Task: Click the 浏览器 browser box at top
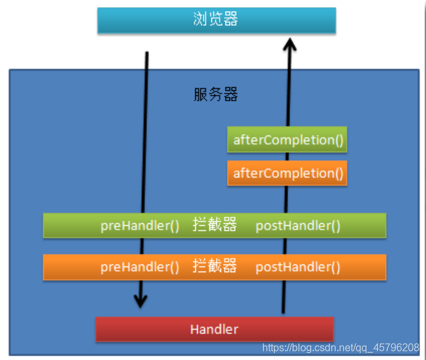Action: [x=217, y=20]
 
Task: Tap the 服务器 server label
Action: [x=216, y=95]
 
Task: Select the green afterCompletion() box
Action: [x=287, y=139]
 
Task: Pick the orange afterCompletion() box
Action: [x=287, y=173]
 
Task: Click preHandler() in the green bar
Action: [x=140, y=226]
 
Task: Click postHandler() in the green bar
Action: [x=298, y=226]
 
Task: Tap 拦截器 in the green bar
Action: [x=215, y=225]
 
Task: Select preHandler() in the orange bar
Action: [x=140, y=267]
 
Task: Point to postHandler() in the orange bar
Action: [x=298, y=267]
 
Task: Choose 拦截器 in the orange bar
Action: [x=215, y=266]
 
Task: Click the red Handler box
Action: [x=215, y=329]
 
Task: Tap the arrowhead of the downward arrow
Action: [x=140, y=300]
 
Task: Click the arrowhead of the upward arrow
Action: [x=289, y=46]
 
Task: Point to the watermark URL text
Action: [x=341, y=348]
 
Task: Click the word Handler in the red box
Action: [x=215, y=329]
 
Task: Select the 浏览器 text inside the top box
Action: [x=216, y=19]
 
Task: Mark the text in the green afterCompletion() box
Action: [x=287, y=139]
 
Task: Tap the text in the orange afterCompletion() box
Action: [x=287, y=173]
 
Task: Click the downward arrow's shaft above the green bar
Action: [x=146, y=129]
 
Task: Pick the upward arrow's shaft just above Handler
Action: [x=282, y=297]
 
